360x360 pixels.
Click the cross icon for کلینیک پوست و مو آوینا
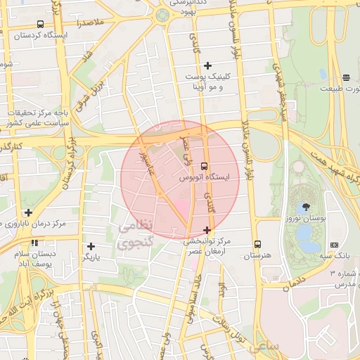[207, 65]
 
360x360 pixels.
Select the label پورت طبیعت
[340, 89]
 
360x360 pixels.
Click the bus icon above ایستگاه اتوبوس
[204, 166]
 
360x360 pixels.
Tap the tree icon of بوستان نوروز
[304, 208]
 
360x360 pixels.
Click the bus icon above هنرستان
[258, 244]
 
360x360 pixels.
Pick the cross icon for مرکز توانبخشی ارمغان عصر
[207, 230]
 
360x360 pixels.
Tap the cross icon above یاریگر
[91, 246]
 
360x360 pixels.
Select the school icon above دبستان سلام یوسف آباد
[27, 244]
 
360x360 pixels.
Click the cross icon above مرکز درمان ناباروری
[28, 212]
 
